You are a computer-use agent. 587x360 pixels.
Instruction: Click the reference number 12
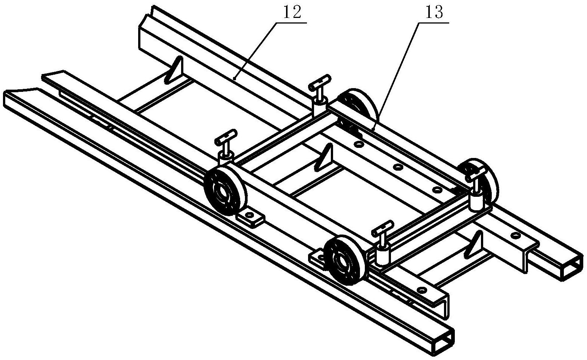point(292,13)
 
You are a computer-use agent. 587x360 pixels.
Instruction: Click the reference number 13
point(434,13)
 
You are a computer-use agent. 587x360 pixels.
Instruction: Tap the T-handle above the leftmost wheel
point(226,146)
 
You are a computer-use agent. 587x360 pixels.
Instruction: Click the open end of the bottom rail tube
point(444,341)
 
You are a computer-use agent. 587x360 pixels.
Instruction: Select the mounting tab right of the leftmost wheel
point(249,219)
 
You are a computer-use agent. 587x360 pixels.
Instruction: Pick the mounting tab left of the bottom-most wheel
point(317,257)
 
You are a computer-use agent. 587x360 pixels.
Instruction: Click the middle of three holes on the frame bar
point(398,167)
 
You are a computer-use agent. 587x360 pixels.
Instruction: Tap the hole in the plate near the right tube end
point(516,235)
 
